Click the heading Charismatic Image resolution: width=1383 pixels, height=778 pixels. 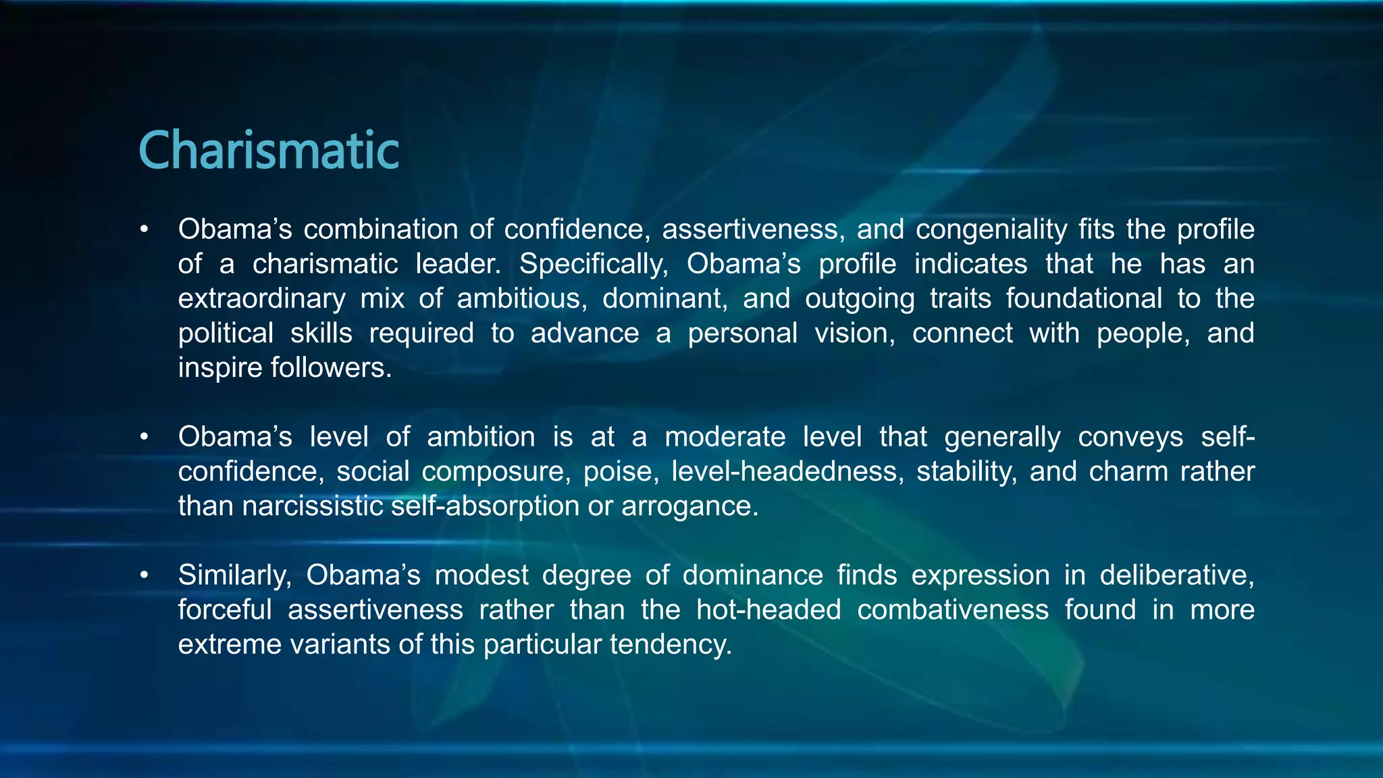269,150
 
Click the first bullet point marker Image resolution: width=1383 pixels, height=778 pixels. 144,230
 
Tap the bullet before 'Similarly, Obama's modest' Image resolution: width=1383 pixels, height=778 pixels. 144,575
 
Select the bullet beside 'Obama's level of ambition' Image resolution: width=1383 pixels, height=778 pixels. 144,437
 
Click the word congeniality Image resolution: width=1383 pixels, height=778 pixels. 991,230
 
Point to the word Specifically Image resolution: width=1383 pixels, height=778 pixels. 593,264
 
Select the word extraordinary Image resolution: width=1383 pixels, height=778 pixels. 262,299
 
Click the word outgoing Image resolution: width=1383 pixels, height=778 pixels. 860,299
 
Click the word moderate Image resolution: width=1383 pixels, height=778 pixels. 725,437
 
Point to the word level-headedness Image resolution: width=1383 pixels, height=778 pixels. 787,471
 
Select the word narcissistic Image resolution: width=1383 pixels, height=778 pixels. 313,506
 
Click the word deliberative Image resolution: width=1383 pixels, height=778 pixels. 1177,575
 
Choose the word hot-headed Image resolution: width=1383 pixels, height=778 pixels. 768,610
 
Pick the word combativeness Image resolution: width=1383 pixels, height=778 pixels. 953,610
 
